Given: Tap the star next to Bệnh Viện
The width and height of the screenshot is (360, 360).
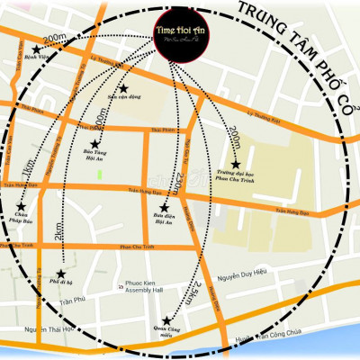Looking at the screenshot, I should click(37, 49).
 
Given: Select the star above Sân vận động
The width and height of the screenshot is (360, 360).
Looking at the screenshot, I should click(124, 88).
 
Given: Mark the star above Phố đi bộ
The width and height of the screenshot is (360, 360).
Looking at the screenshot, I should click(61, 274).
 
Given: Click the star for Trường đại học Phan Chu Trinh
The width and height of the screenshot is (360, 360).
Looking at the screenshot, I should click(236, 166).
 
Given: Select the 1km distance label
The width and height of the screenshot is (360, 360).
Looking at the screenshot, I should click(29, 167).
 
